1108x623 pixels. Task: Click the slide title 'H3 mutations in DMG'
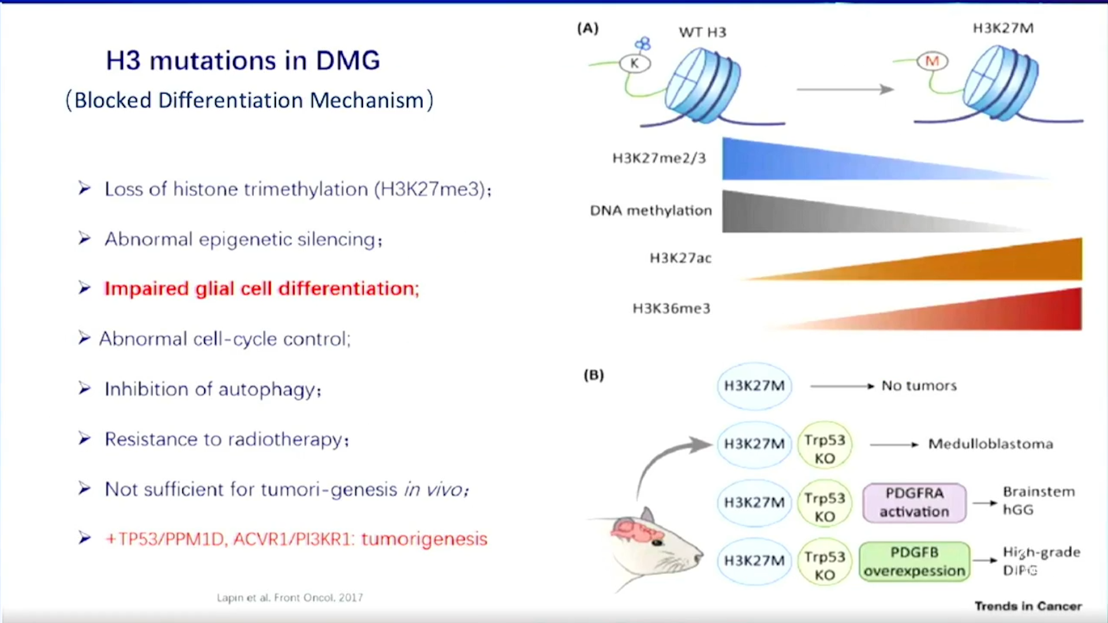click(243, 61)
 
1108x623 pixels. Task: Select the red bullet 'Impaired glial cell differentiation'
click(261, 288)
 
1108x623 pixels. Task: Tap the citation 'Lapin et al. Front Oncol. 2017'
click(290, 598)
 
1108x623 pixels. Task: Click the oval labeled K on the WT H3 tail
click(635, 63)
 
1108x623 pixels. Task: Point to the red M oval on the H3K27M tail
click(932, 61)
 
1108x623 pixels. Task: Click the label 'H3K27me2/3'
click(659, 159)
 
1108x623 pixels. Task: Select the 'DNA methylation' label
click(651, 211)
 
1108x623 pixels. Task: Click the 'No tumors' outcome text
click(919, 386)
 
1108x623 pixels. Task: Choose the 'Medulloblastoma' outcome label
click(990, 444)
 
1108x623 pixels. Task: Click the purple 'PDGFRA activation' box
click(914, 502)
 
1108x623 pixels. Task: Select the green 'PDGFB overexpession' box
click(914, 561)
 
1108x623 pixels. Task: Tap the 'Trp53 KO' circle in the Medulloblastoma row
click(825, 449)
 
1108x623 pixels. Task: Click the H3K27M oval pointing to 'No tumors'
click(754, 386)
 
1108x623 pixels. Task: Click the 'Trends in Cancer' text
click(1028, 606)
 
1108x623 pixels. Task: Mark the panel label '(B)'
click(593, 376)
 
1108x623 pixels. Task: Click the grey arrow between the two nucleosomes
click(845, 89)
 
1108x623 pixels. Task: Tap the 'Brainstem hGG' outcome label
click(1038, 501)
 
